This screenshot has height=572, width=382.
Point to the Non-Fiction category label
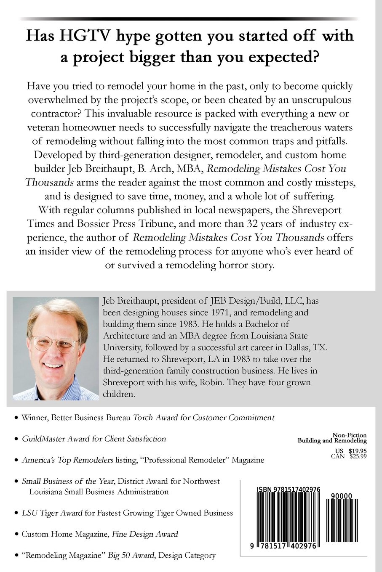(x=349, y=435)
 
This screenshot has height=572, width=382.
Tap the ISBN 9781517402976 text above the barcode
(x=289, y=490)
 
